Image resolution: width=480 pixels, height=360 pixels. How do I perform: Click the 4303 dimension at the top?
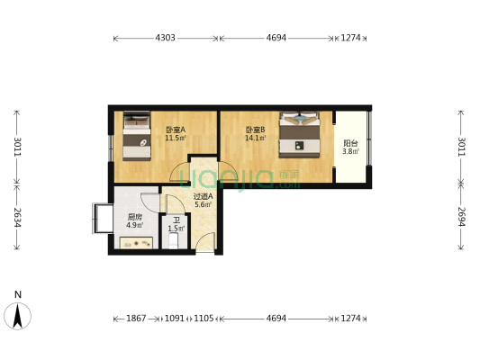(x=165, y=38)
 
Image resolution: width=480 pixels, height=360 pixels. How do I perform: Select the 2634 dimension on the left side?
(x=17, y=218)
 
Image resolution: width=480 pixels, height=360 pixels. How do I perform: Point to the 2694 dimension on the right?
(x=461, y=217)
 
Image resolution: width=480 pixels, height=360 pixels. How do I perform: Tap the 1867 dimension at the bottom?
(x=136, y=319)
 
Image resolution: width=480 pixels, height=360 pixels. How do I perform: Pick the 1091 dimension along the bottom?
(x=175, y=319)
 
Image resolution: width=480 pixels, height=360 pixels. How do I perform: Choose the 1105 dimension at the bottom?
(x=204, y=319)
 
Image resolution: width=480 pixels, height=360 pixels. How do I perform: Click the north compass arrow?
(x=17, y=316)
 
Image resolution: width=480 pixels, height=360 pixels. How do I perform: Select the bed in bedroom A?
(x=137, y=136)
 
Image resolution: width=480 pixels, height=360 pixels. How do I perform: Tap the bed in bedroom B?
(x=300, y=135)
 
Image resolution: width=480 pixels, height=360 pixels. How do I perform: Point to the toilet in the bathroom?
(x=173, y=240)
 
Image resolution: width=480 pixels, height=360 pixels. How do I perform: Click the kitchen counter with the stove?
(x=136, y=243)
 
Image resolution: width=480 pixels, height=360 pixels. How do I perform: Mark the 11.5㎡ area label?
(x=176, y=138)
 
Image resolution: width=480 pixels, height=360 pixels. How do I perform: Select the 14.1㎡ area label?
(x=255, y=138)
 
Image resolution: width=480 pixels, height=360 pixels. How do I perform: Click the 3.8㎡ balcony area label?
(x=350, y=151)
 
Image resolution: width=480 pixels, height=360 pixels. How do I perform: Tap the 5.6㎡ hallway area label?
(x=204, y=204)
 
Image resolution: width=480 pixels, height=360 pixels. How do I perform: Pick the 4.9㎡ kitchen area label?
(x=135, y=225)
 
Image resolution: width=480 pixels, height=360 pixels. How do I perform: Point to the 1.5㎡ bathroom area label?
(x=176, y=229)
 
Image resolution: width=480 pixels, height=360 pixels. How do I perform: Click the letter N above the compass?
(x=18, y=294)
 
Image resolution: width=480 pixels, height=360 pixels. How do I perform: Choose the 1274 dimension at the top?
(x=350, y=38)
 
